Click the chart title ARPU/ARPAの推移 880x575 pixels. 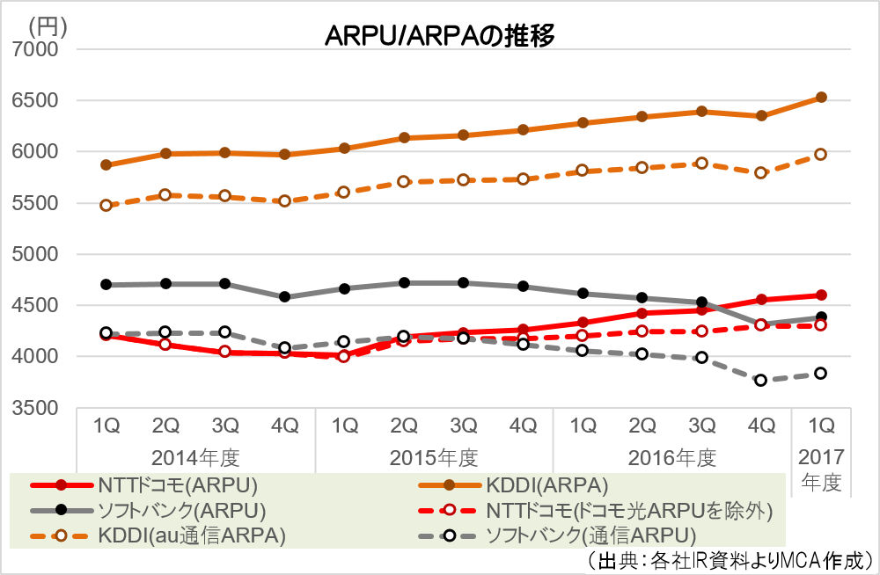click(x=439, y=35)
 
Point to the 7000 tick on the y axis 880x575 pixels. click(x=35, y=49)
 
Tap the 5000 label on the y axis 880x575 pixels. click(x=35, y=254)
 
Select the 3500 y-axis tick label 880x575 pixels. click(x=35, y=408)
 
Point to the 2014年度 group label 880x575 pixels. click(x=195, y=457)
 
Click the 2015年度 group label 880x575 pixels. click(x=433, y=457)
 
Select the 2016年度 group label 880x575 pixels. click(x=671, y=457)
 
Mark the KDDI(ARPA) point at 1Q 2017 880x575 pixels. click(x=820, y=97)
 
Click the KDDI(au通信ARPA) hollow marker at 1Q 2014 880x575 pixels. click(x=106, y=205)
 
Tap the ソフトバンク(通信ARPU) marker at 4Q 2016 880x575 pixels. click(x=761, y=380)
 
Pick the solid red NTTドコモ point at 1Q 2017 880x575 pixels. click(x=820, y=295)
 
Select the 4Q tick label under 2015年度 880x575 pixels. click(x=524, y=426)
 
